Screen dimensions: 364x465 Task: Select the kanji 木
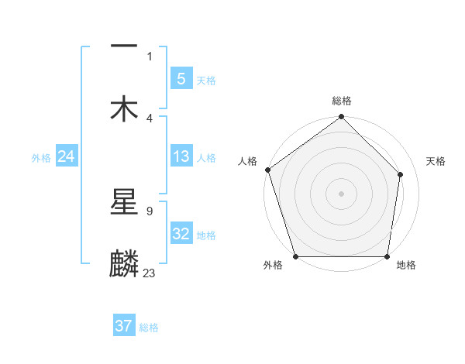pyautogui.click(x=124, y=108)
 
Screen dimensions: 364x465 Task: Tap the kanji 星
pyautogui.click(x=124, y=202)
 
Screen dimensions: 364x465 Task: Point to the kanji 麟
pyautogui.click(x=124, y=263)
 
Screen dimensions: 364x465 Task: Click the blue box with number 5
pyautogui.click(x=181, y=79)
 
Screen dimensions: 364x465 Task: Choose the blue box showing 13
pyautogui.click(x=181, y=156)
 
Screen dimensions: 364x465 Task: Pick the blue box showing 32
pyautogui.click(x=181, y=234)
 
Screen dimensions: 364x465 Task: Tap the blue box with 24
pyautogui.click(x=66, y=156)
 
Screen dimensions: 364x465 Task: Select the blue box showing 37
pyautogui.click(x=124, y=326)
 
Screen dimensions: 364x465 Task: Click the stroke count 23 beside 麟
pyautogui.click(x=150, y=273)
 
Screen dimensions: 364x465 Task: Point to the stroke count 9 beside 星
pyautogui.click(x=149, y=211)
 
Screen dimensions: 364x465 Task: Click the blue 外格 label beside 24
pyautogui.click(x=41, y=157)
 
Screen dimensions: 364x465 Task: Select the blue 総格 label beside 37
pyautogui.click(x=149, y=328)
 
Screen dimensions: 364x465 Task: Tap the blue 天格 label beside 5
pyautogui.click(x=206, y=80)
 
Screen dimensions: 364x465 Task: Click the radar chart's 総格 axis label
pyautogui.click(x=342, y=101)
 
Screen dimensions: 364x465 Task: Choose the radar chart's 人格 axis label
pyautogui.click(x=247, y=161)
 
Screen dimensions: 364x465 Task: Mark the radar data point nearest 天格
pyautogui.click(x=401, y=174)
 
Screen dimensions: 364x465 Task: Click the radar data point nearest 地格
pyautogui.click(x=387, y=256)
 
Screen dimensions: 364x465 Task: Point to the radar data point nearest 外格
pyautogui.click(x=295, y=256)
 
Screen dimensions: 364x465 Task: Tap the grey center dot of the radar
pyautogui.click(x=342, y=193)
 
